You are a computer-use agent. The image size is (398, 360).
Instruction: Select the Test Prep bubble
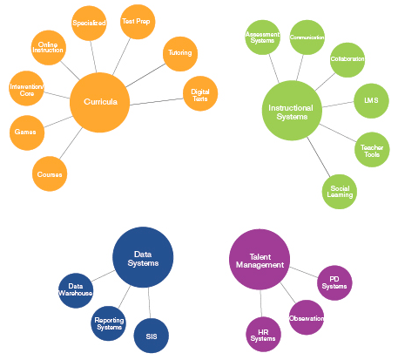click(x=137, y=22)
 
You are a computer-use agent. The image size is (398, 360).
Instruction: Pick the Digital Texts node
click(x=199, y=93)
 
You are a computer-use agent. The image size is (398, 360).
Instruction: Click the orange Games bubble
click(x=25, y=132)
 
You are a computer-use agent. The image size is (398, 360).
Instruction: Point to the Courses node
click(x=50, y=174)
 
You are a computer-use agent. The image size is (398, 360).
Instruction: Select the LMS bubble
click(x=370, y=101)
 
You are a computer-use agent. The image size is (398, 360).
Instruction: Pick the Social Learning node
click(x=340, y=192)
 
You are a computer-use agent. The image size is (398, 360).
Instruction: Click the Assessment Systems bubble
click(x=263, y=37)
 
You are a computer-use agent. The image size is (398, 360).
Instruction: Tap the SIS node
click(x=151, y=336)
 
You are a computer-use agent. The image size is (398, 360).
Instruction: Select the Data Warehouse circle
click(x=76, y=290)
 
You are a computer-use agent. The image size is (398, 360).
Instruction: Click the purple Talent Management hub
click(x=260, y=260)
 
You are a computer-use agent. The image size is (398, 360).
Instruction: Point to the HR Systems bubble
click(x=263, y=333)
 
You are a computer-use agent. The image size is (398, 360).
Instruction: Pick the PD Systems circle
click(x=334, y=282)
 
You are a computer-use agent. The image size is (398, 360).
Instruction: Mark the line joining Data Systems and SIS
click(x=147, y=302)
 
